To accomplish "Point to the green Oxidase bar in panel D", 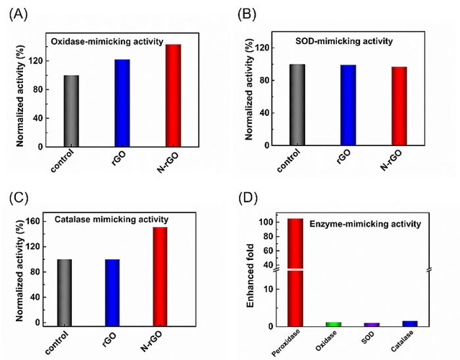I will point(333,324).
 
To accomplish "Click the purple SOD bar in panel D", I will point(371,325).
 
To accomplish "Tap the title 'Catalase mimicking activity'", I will point(112,218).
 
